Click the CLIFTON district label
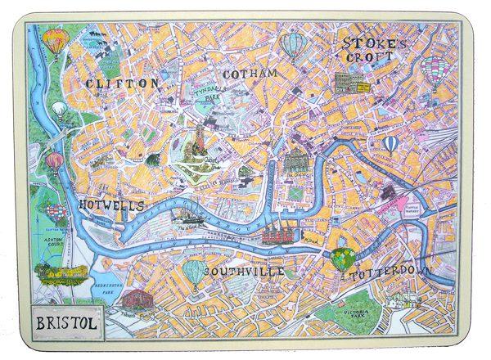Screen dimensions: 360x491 point(120,83)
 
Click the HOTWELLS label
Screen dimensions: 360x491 point(114,204)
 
